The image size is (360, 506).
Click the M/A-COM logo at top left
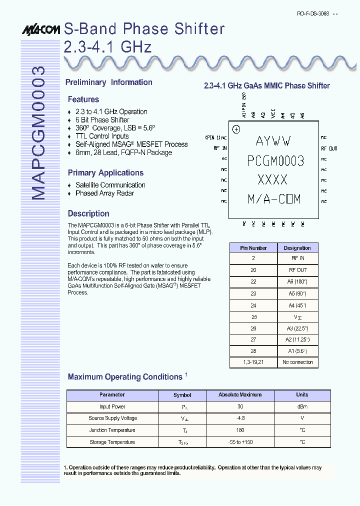click(41, 30)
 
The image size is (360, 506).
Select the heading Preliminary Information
click(109, 82)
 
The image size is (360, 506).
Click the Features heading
click(83, 99)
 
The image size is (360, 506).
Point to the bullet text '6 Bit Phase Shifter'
click(102, 120)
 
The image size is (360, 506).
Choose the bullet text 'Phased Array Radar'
click(104, 193)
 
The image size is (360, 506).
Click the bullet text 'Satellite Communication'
click(110, 185)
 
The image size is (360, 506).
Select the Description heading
click(88, 213)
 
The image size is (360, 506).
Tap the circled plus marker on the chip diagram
click(236, 129)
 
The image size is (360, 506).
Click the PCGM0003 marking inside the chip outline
click(275, 160)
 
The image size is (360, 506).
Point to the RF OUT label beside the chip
click(328, 148)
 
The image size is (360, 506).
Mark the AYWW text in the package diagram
click(273, 141)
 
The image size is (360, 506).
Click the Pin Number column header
click(253, 248)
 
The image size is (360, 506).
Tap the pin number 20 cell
click(253, 270)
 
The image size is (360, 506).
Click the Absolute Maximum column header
click(240, 395)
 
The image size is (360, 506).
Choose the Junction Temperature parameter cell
click(112, 430)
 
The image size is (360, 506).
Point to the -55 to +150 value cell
click(240, 442)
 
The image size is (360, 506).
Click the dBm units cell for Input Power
click(302, 407)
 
